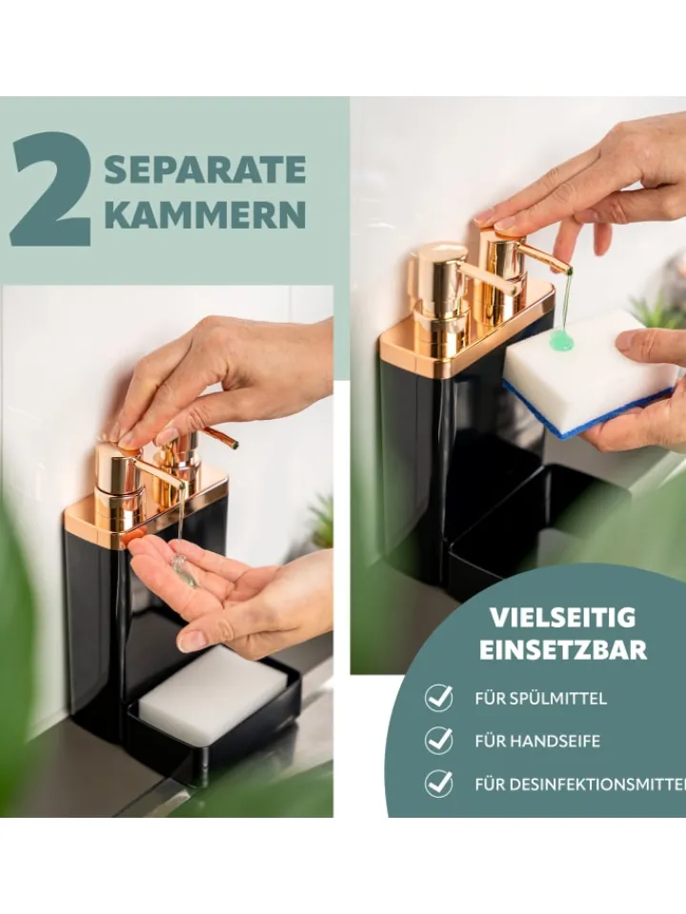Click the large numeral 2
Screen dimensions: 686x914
click(51, 188)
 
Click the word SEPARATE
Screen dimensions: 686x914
click(205, 169)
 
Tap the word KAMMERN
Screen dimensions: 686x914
click(205, 214)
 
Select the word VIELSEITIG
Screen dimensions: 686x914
click(562, 617)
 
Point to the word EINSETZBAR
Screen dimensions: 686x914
click(563, 650)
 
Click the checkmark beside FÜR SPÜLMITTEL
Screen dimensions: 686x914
click(438, 697)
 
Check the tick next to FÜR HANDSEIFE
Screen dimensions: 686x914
click(438, 741)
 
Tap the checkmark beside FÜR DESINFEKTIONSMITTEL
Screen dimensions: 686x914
click(438, 784)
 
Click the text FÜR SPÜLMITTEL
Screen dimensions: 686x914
click(541, 698)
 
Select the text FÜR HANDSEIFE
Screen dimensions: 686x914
click(537, 742)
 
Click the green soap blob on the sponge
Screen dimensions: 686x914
click(562, 340)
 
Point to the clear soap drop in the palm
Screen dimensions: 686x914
click(184, 572)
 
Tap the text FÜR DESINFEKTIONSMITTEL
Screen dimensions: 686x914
click(580, 785)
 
